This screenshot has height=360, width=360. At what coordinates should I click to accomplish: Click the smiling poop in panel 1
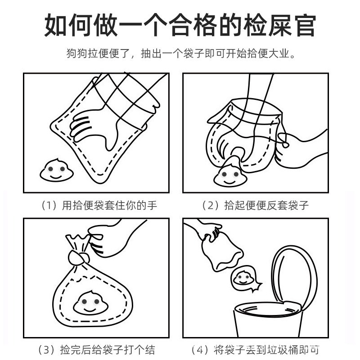pos(57,171)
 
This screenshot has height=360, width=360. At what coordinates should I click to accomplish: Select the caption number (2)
pos(211,205)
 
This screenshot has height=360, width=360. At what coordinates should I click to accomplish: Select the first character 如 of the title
pos(56,25)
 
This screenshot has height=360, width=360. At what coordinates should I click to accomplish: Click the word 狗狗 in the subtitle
pos(77,54)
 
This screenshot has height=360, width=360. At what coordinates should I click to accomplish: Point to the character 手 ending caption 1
pos(152,205)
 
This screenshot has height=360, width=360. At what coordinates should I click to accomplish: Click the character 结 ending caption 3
pos(150,350)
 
